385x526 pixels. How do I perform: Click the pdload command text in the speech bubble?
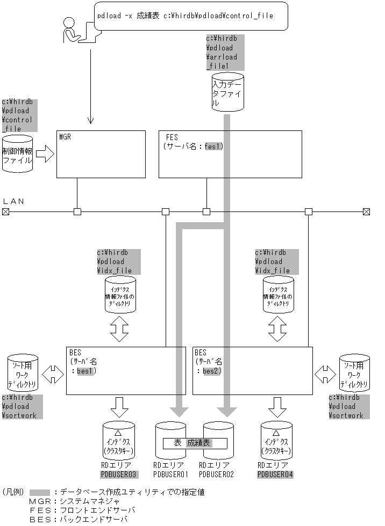(x=185, y=16)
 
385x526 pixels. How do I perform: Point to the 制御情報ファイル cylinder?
(x=18, y=156)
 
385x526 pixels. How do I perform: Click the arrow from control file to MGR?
(x=45, y=156)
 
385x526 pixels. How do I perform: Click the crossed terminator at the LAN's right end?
(x=366, y=212)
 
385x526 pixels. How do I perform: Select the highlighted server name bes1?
(x=85, y=370)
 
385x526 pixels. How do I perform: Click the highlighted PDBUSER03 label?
(x=119, y=474)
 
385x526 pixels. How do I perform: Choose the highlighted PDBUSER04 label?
(x=275, y=474)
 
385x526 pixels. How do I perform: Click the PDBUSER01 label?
(x=170, y=474)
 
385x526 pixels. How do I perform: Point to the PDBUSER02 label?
(x=217, y=474)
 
